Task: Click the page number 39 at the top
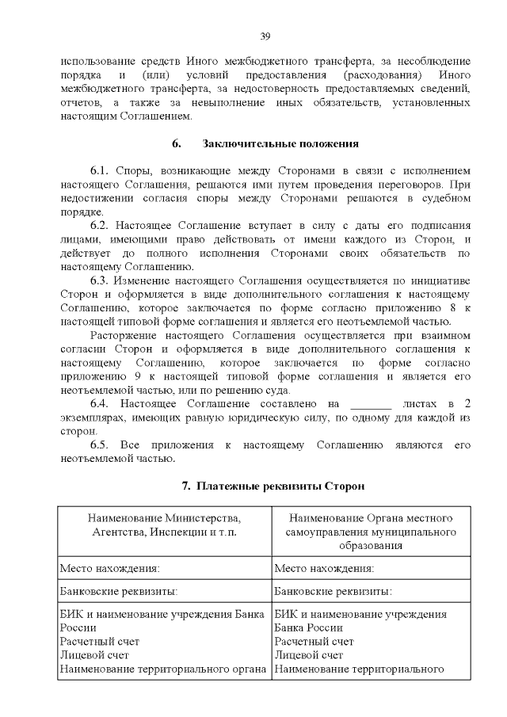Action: point(265,36)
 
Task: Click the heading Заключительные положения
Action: point(281,143)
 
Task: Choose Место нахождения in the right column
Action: point(324,568)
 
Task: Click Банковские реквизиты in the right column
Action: point(332,591)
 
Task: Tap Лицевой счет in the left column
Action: point(94,655)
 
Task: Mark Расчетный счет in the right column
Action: point(314,641)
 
